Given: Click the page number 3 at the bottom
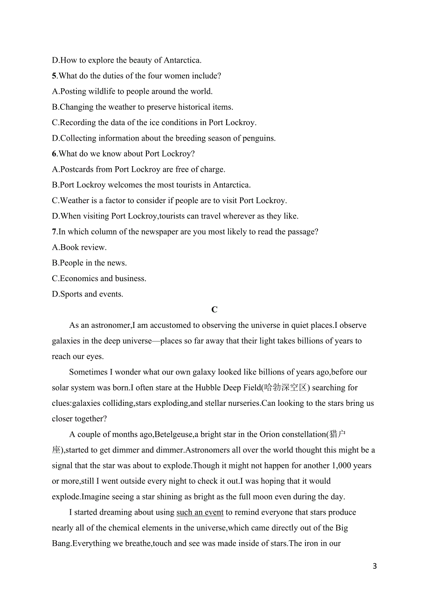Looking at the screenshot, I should click(374, 566).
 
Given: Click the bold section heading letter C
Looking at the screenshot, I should click(214, 310).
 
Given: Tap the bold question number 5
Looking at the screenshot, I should click(54, 76).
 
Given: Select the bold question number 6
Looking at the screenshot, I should click(54, 154).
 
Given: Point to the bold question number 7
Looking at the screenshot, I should click(54, 232).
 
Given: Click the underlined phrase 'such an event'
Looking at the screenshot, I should click(200, 512).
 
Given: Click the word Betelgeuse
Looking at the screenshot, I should click(173, 434).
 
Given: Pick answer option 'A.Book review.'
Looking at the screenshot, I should click(79, 247).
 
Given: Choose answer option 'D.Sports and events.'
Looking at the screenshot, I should click(88, 294).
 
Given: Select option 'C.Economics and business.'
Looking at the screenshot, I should click(99, 278).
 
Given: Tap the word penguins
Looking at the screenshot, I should click(259, 138).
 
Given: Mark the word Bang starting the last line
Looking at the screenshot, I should click(61, 544).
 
